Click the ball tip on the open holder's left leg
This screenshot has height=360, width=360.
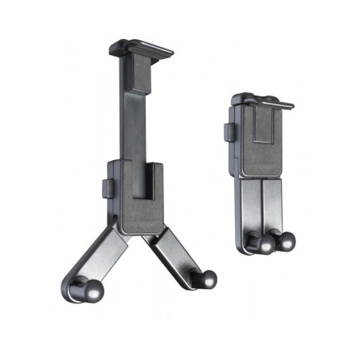80,288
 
